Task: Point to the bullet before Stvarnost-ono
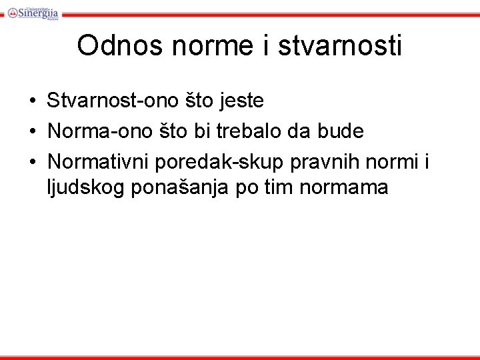click(32, 101)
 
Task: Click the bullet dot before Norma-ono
click(32, 131)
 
